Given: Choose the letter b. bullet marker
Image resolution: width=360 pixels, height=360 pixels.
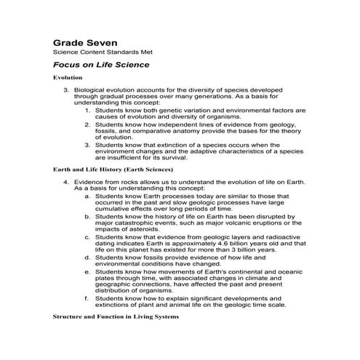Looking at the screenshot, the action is coord(87,216).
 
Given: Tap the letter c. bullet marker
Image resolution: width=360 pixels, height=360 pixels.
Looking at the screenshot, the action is coord(87,236).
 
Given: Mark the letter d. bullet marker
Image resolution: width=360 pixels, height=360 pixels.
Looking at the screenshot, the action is coord(87,257).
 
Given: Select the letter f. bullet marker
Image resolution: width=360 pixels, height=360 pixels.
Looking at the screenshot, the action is coord(87,298).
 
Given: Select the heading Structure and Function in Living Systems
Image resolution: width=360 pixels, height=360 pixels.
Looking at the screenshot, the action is coord(115,318).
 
